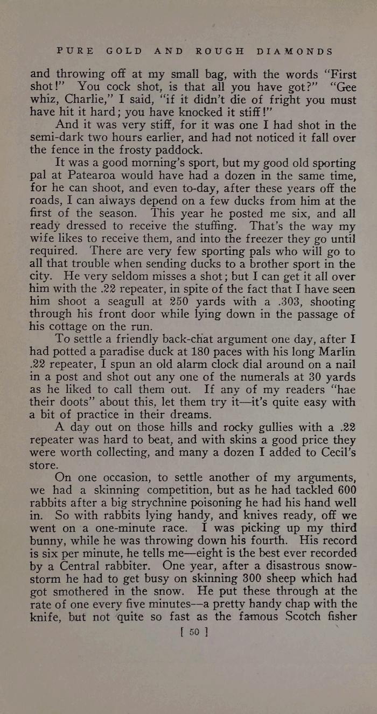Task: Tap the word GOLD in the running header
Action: click(124, 52)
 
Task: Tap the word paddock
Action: click(180, 150)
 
